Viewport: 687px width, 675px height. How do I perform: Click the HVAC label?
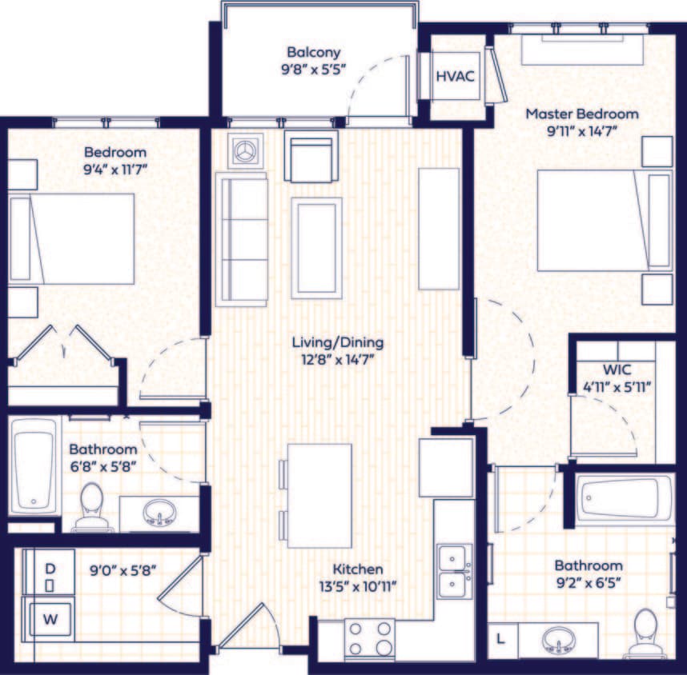(x=455, y=77)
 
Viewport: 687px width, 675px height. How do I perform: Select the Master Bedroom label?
(x=581, y=114)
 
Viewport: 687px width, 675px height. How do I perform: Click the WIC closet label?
(x=617, y=370)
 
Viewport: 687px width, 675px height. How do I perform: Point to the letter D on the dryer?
(x=50, y=569)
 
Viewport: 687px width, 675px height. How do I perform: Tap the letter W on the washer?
(x=50, y=617)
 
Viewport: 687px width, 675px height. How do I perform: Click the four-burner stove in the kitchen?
(x=370, y=637)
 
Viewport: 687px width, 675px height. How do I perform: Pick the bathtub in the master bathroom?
(x=627, y=498)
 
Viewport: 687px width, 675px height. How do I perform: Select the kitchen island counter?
(x=319, y=496)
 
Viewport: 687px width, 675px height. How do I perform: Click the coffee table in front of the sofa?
(x=317, y=237)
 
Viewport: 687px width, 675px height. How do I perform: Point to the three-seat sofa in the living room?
(x=241, y=238)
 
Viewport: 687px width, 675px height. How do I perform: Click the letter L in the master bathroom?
(x=501, y=640)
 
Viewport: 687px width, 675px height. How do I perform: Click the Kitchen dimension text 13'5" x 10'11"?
(x=358, y=585)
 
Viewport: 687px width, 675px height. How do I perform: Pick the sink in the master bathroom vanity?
(x=558, y=639)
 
